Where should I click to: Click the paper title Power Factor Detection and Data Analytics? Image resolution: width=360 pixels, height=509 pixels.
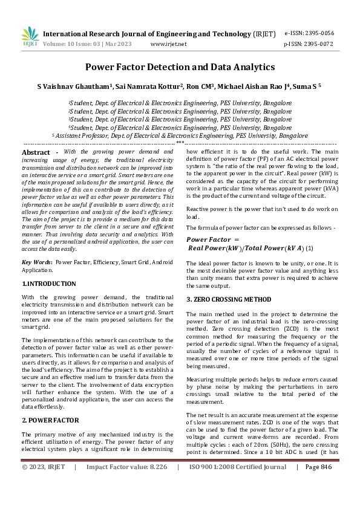(x=180, y=67)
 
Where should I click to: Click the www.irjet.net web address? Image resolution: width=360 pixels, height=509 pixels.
(x=168, y=44)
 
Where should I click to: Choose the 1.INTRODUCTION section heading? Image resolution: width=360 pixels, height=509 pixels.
(x=49, y=284)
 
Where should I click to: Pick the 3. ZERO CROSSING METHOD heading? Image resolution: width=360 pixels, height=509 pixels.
(x=229, y=299)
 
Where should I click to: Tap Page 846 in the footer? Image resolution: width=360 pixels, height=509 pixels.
(x=319, y=484)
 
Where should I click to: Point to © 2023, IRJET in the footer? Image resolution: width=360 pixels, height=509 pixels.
(x=44, y=484)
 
